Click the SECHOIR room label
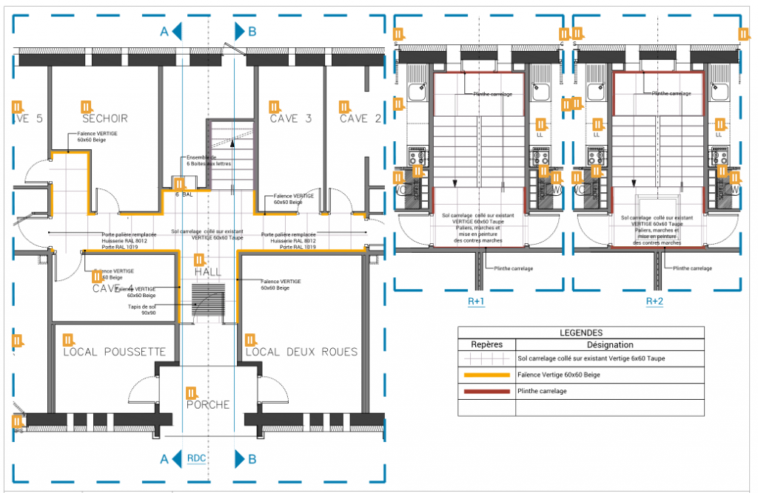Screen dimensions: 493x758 tap(105, 119)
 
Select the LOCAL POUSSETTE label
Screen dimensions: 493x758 tap(114, 352)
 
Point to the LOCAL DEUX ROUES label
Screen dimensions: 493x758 tap(301, 352)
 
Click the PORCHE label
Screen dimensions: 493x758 tap(207, 405)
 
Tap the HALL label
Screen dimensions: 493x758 tap(208, 273)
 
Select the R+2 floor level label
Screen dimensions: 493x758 tap(655, 302)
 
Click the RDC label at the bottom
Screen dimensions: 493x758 tap(196, 458)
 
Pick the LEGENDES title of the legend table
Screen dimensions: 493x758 tap(581, 333)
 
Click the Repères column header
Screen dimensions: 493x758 tap(487, 344)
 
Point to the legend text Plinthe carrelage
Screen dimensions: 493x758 tap(543, 391)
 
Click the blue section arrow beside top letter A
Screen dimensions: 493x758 tap(177, 31)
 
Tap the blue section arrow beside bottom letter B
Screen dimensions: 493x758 tap(240, 459)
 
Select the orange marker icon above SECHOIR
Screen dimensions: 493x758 tap(86, 106)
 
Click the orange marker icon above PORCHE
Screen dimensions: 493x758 tap(190, 392)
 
